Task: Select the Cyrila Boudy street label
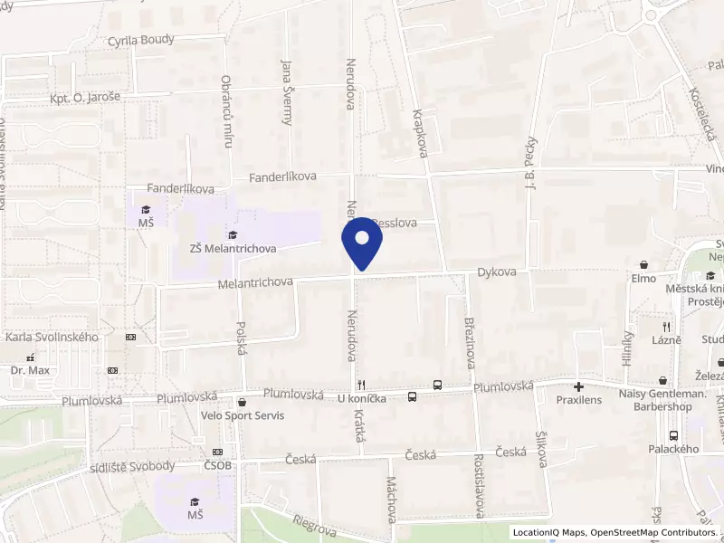click(140, 40)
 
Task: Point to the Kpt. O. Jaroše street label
click(85, 97)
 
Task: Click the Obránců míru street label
click(227, 110)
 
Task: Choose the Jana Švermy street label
click(288, 90)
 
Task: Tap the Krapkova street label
click(419, 134)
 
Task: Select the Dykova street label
click(497, 271)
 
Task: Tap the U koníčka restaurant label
click(362, 398)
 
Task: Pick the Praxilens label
click(579, 399)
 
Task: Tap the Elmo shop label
click(643, 278)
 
